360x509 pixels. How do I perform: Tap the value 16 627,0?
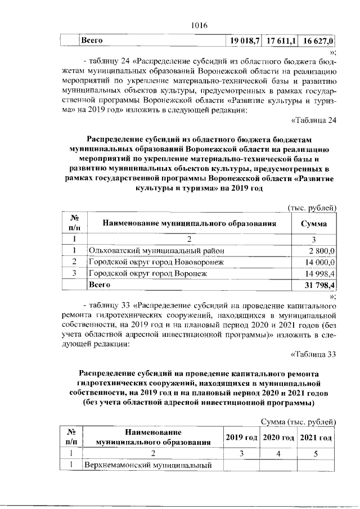click(318, 41)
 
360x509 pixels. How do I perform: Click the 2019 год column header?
click(241, 438)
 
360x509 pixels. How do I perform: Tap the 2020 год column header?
click(278, 438)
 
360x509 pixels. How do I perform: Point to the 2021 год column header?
click(316, 438)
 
